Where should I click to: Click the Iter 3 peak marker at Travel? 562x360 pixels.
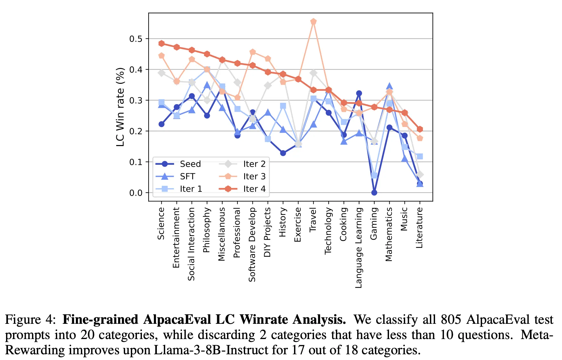313,22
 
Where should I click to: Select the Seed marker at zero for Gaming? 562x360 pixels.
374,192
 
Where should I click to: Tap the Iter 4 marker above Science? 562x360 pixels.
161,43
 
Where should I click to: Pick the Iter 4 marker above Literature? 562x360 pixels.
420,129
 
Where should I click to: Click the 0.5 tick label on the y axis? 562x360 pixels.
136,39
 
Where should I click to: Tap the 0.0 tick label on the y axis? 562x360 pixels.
136,193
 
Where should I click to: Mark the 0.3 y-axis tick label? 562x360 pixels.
136,101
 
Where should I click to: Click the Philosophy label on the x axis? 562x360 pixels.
207,230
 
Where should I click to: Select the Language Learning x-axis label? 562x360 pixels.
359,248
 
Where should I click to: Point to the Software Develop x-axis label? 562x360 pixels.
252,244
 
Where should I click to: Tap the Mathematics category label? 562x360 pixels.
389,234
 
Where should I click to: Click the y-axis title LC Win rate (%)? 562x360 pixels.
120,107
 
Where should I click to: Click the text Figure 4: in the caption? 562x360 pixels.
30,319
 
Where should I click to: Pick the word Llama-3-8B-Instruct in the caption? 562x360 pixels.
219,350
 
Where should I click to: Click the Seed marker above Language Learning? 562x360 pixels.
359,93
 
